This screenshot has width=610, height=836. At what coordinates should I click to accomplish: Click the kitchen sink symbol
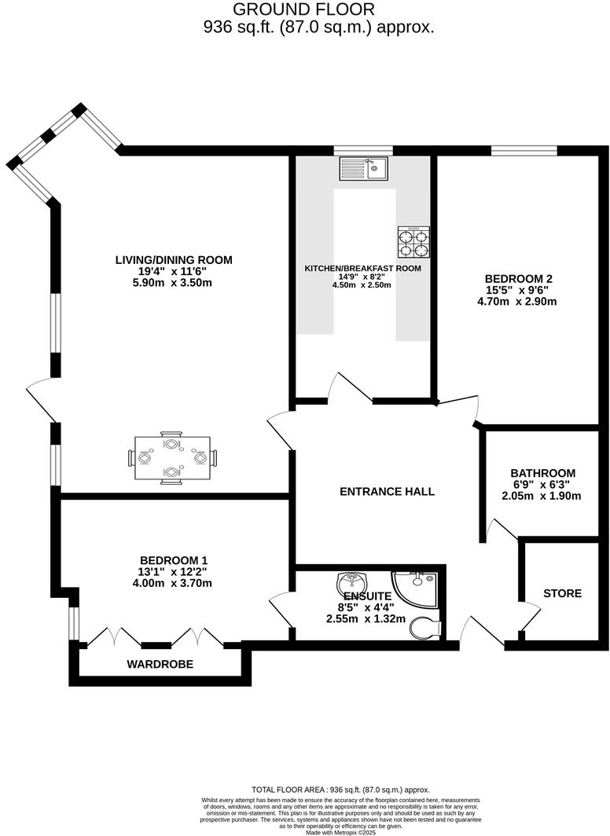(x=362, y=168)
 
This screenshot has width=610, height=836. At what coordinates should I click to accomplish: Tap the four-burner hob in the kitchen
(x=413, y=242)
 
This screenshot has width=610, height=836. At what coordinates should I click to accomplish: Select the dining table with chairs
(x=171, y=456)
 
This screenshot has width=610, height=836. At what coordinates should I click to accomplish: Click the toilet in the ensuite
(x=427, y=627)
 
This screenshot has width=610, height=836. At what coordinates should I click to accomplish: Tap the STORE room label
(x=562, y=593)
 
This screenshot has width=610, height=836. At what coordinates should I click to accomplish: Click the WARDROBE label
(x=160, y=664)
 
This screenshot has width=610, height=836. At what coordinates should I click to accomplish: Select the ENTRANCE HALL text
(x=387, y=492)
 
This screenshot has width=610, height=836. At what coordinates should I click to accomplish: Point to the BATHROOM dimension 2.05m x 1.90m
(x=542, y=496)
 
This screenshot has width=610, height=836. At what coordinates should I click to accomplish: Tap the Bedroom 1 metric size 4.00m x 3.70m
(x=173, y=583)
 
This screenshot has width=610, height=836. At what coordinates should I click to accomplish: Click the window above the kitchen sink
(x=362, y=150)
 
